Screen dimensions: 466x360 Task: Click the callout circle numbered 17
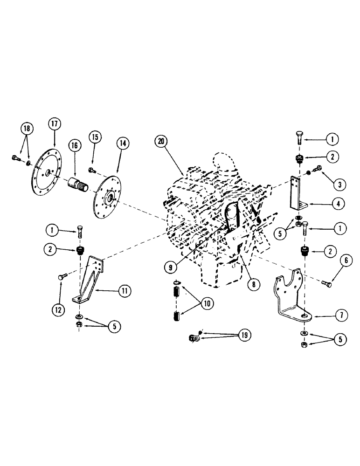click(x=55, y=124)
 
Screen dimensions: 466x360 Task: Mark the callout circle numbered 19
click(x=244, y=335)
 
